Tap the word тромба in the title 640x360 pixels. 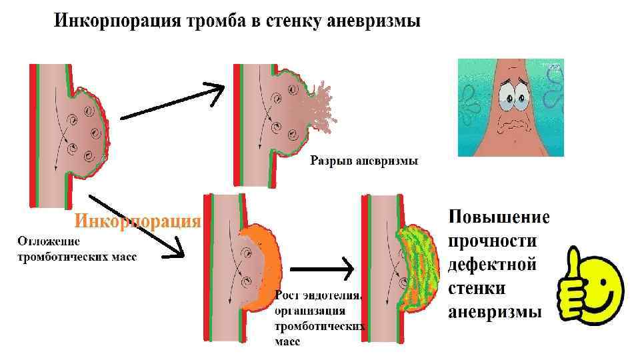tap(215, 21)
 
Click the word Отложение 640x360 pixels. tap(49, 241)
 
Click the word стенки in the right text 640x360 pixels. tap(477, 288)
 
